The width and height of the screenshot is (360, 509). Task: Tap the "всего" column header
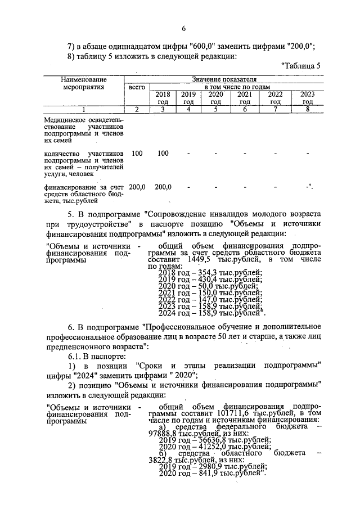[x=137, y=88]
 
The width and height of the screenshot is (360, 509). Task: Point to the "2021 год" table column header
[x=245, y=98]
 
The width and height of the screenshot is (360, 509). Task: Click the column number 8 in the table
[x=307, y=109]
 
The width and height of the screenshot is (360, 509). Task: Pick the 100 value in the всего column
[x=137, y=153]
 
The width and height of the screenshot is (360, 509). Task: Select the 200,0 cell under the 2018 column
[x=163, y=187]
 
